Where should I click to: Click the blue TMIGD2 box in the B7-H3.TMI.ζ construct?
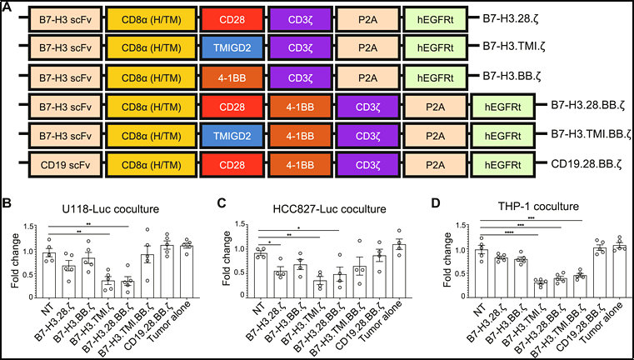click(232, 47)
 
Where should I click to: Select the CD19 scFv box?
click(65, 165)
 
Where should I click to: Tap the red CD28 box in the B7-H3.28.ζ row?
click(232, 19)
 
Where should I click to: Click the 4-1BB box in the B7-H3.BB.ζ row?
click(232, 77)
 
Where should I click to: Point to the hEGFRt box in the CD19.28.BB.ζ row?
click(502, 165)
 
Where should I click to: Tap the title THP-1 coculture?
click(537, 207)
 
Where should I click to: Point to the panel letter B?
click(6, 202)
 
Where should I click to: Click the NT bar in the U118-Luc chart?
click(49, 275)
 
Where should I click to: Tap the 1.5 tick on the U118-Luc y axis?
click(27, 227)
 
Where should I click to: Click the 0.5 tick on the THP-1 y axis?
click(460, 273)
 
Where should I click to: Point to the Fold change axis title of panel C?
click(227, 259)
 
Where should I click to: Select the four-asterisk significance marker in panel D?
click(509, 232)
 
